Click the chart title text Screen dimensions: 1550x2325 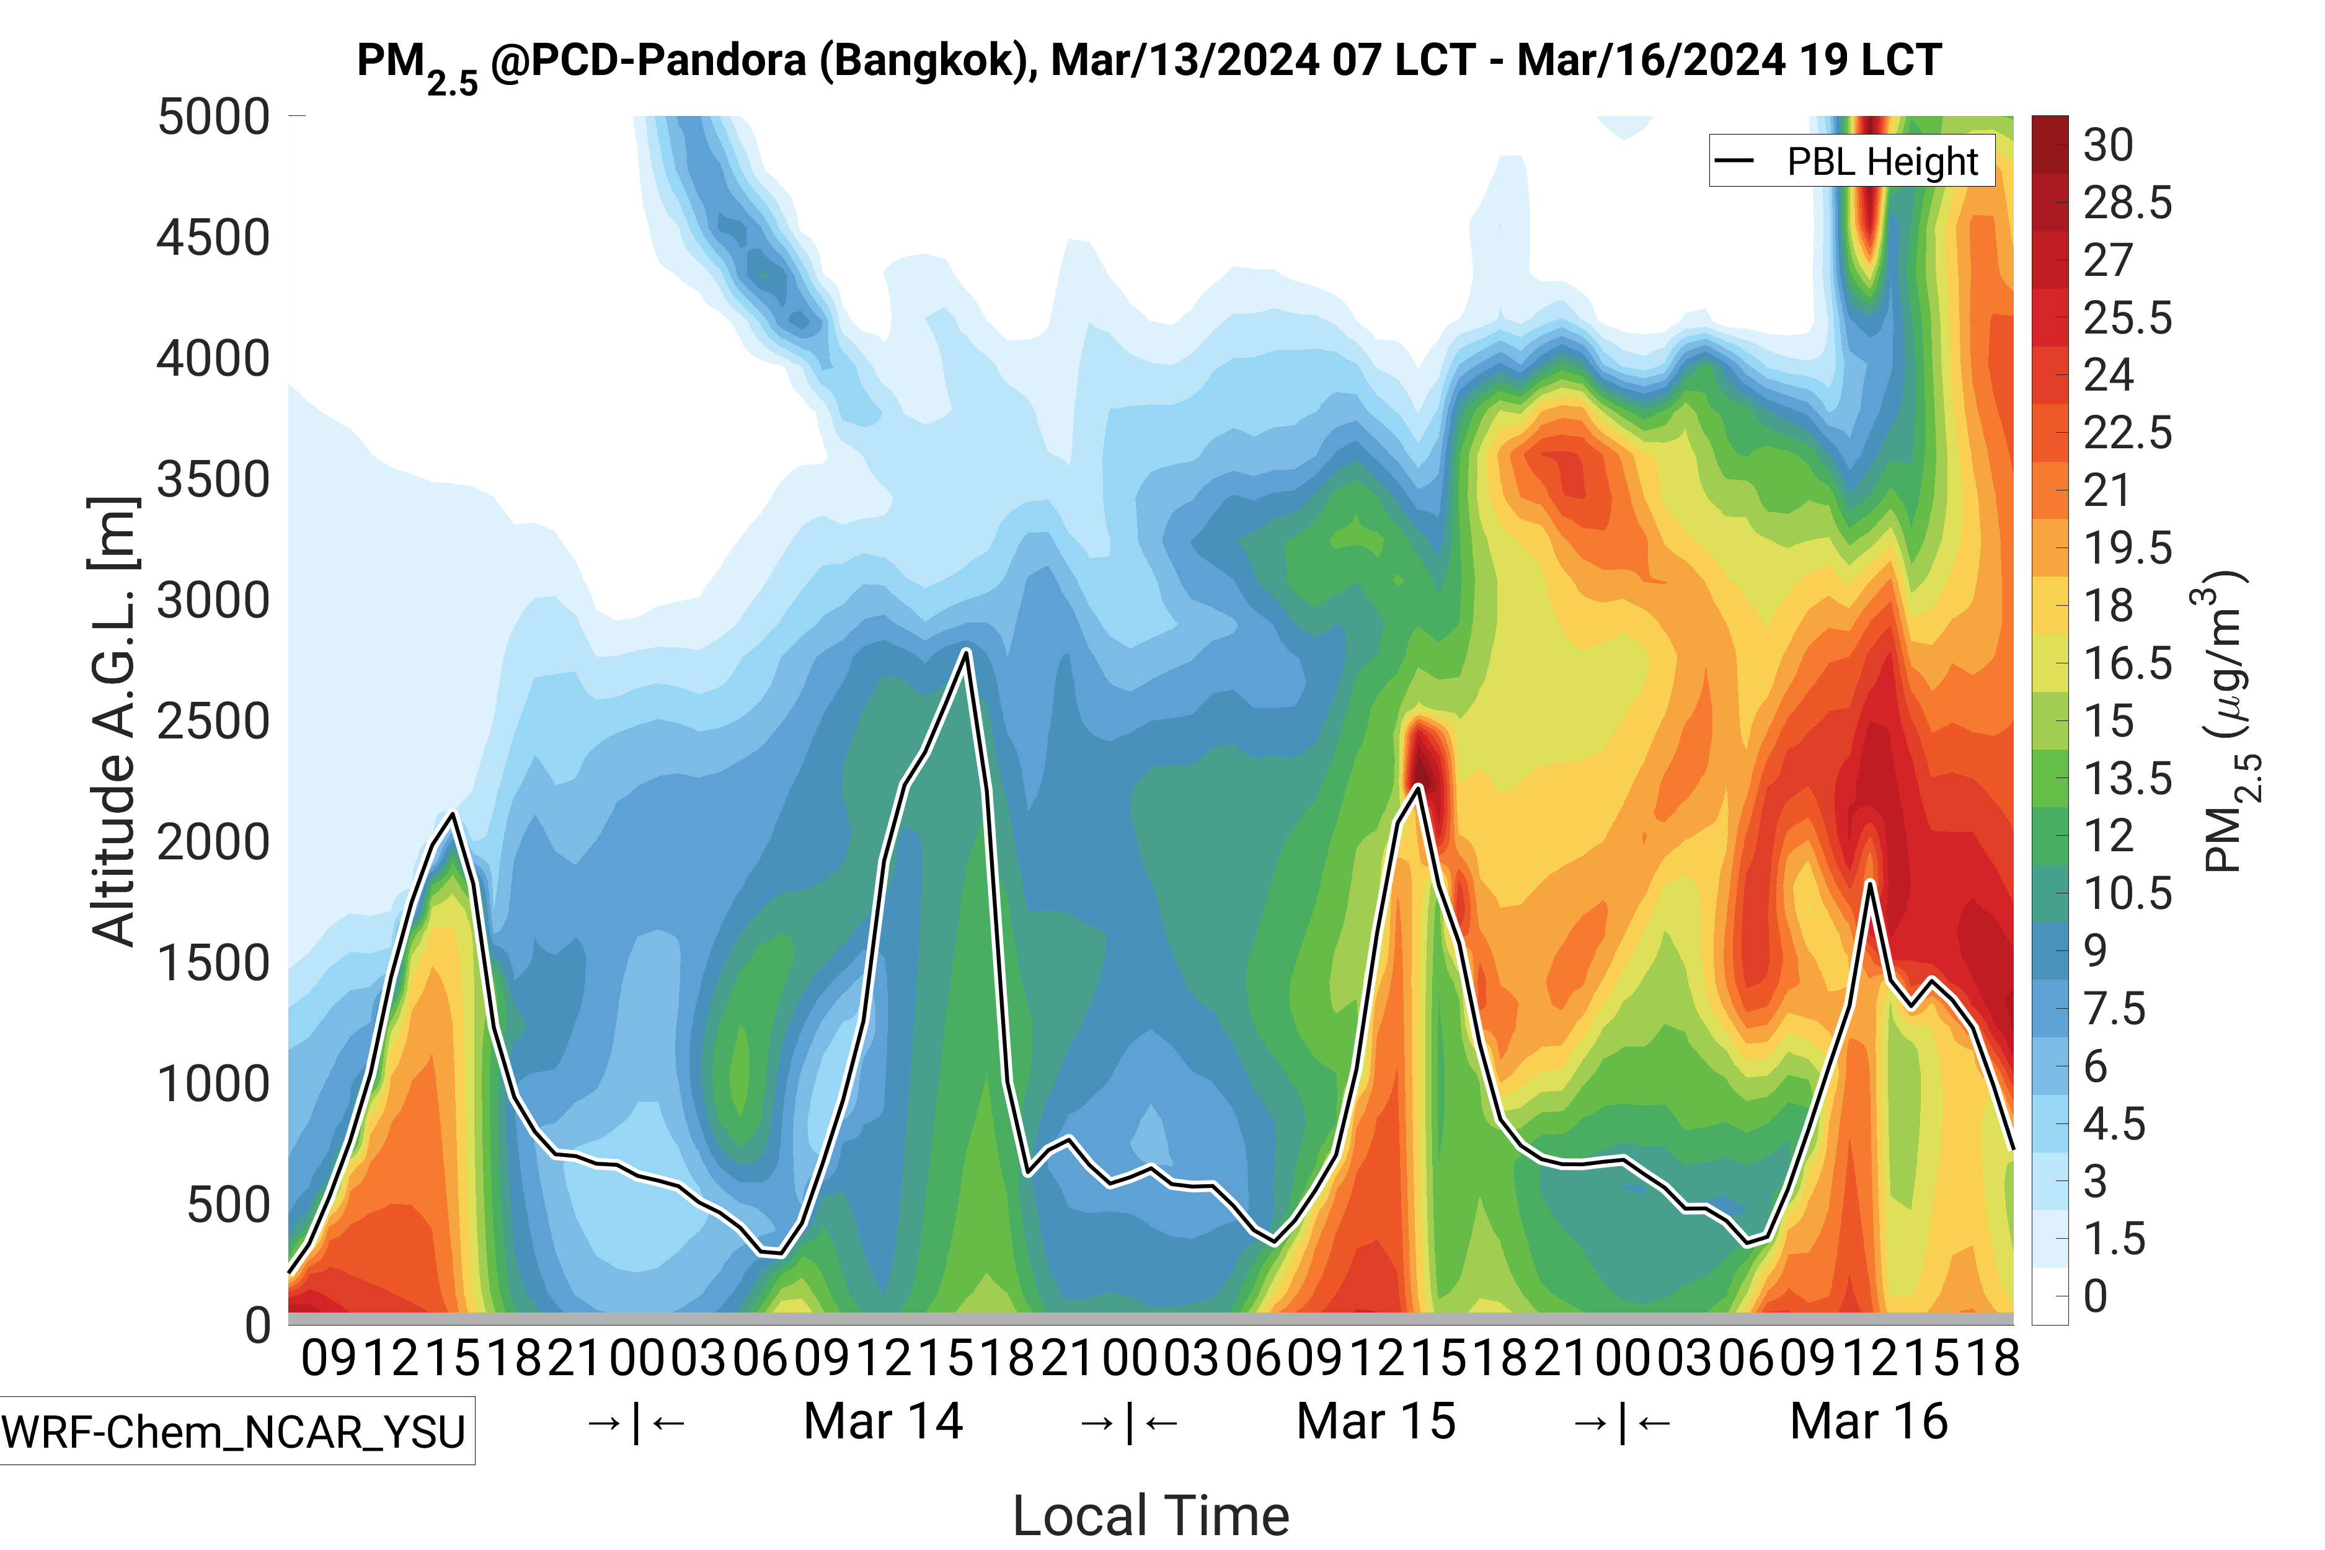pyautogui.click(x=1149, y=61)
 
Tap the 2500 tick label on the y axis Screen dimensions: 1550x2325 pyautogui.click(x=213, y=722)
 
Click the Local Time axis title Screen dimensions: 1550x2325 pyautogui.click(x=1151, y=1515)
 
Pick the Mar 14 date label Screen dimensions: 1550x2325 pyautogui.click(x=883, y=1422)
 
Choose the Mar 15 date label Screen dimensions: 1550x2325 pyautogui.click(x=1376, y=1422)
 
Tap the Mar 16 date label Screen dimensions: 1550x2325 pyautogui.click(x=1868, y=1422)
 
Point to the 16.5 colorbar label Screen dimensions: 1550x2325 pyautogui.click(x=2127, y=663)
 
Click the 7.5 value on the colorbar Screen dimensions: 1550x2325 pyautogui.click(x=2114, y=1009)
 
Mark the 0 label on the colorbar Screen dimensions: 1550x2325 pyautogui.click(x=2095, y=1296)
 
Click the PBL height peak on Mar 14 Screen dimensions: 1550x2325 pyautogui.click(x=966, y=650)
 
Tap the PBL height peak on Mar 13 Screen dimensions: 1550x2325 pyautogui.click(x=453, y=815)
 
